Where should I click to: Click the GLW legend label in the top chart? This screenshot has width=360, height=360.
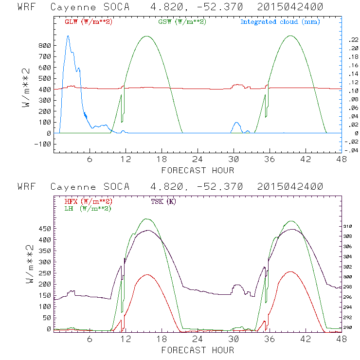[88, 22]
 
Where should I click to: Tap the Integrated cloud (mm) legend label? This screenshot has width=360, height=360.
[280, 22]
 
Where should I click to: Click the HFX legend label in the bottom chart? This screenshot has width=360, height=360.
[88, 201]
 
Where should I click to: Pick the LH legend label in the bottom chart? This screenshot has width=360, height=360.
[88, 208]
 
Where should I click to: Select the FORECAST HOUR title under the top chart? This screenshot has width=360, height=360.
[198, 170]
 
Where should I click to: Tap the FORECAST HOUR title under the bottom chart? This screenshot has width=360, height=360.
[198, 350]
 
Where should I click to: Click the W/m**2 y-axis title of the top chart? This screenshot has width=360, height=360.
[27, 88]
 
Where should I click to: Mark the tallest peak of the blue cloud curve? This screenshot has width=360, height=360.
[68, 36]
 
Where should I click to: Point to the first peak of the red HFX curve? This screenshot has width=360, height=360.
[147, 274]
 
